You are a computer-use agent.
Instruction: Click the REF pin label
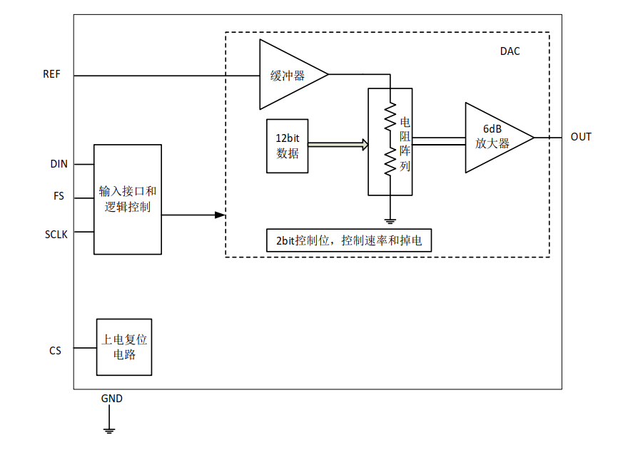click(52, 75)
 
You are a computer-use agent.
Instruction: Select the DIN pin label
click(59, 164)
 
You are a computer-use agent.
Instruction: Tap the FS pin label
click(59, 196)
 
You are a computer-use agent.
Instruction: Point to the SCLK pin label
click(56, 232)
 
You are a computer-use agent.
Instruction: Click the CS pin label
click(55, 351)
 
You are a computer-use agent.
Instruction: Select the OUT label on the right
click(581, 137)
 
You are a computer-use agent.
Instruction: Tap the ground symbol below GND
click(109, 429)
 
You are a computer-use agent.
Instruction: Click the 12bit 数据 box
click(287, 146)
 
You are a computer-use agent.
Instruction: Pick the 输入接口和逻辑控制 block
click(128, 200)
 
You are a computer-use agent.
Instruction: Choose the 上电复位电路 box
click(124, 347)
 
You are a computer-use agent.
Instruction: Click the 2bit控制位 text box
click(348, 240)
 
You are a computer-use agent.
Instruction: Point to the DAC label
click(510, 51)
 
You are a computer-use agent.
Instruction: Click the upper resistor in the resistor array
click(390, 117)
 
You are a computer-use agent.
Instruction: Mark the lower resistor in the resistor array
click(390, 161)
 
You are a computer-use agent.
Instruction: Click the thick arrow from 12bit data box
click(338, 145)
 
